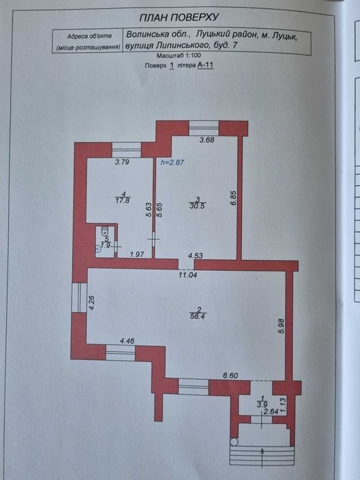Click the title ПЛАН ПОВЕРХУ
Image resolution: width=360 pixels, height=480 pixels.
click(180, 17)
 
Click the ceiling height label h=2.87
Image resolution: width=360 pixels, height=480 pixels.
click(173, 163)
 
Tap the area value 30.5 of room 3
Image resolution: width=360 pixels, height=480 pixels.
click(197, 206)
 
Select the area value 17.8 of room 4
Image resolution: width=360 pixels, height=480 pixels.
click(123, 200)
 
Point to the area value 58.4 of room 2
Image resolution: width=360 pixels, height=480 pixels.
click(197, 317)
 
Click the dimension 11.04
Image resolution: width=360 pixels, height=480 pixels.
click(188, 275)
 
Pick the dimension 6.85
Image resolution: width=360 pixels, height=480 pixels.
click(233, 198)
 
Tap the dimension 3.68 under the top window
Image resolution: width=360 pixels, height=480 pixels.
click(206, 140)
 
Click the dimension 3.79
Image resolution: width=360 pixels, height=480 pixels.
click(122, 163)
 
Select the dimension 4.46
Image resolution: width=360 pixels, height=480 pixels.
click(127, 341)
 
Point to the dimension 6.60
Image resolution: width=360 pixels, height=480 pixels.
click(230, 376)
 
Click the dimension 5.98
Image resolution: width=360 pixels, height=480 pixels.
click(282, 326)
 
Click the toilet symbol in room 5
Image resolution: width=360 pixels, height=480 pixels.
click(105, 230)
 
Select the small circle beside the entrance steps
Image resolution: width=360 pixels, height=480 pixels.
click(234, 442)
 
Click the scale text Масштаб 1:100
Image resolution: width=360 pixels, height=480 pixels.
click(179, 56)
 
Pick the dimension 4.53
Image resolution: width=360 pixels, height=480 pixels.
click(195, 255)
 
